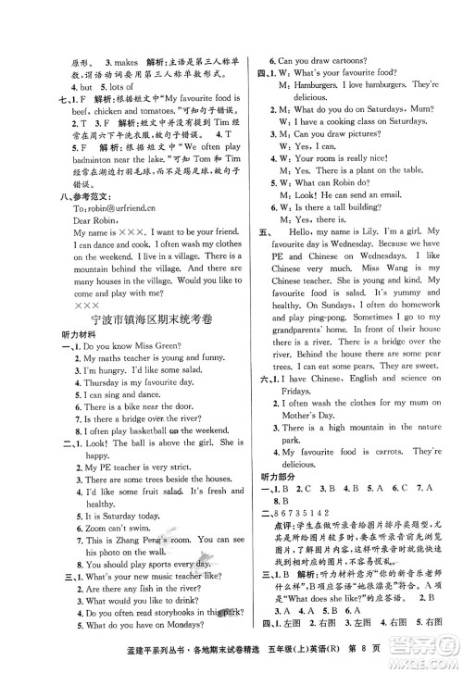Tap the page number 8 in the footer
coord(418,656)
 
